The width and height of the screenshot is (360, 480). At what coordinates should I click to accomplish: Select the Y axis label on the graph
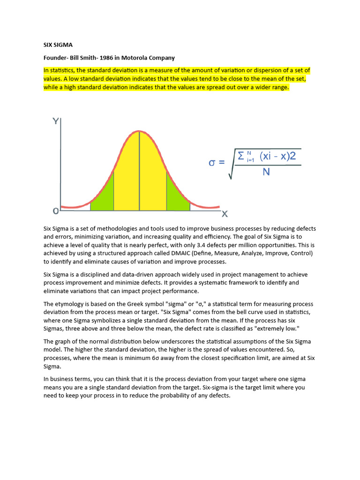(55, 121)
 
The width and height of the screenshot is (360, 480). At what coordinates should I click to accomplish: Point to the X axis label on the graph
(225, 214)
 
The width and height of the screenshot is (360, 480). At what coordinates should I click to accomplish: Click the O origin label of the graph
(56, 211)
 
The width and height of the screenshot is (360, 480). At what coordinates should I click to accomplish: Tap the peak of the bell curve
(139, 132)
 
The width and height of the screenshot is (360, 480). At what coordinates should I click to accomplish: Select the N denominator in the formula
(266, 172)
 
